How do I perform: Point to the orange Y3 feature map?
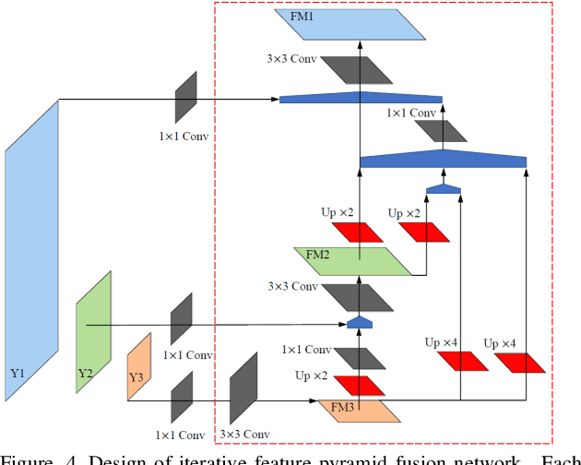tap(138, 366)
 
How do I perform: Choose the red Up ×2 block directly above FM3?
tap(358, 384)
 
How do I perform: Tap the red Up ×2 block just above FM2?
tap(358, 232)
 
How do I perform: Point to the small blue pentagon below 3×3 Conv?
tap(359, 322)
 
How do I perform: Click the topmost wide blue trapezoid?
tap(361, 98)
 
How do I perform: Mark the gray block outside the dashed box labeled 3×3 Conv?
tap(243, 387)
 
